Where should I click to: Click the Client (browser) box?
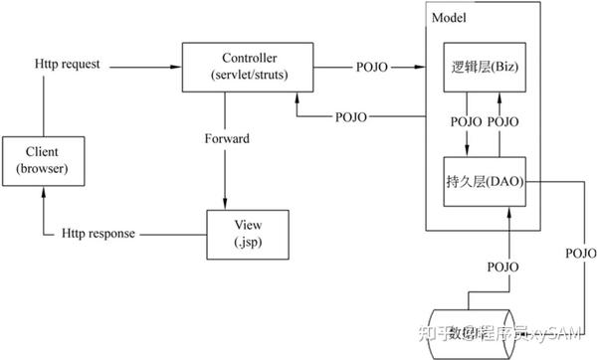(42, 161)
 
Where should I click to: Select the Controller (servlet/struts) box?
(238, 68)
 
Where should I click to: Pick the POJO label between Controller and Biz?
(374, 68)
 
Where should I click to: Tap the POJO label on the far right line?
(580, 253)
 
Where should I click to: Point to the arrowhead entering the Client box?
(42, 193)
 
